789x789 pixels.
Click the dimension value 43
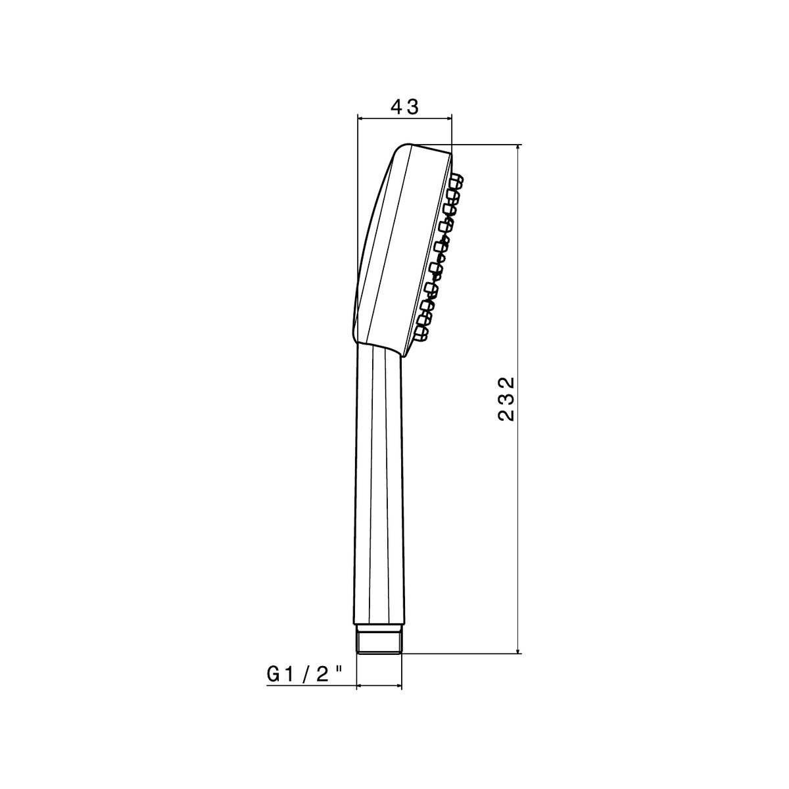tap(404, 107)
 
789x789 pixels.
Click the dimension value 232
tap(506, 399)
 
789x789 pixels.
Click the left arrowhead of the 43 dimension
tap(362, 118)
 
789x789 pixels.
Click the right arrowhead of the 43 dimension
tap(448, 118)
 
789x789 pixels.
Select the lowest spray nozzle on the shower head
tap(421, 333)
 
